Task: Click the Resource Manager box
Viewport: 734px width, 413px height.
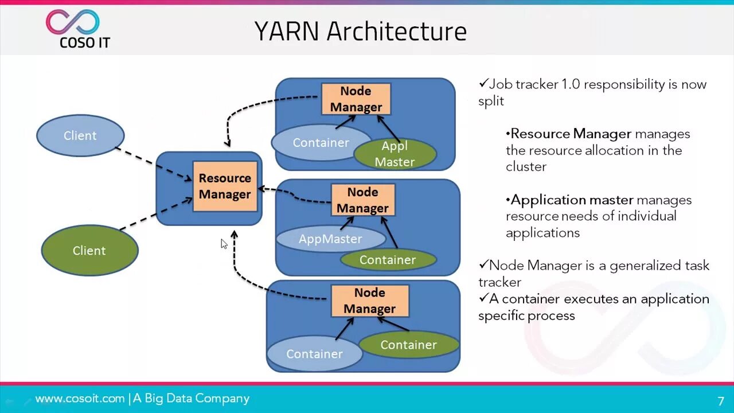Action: (225, 186)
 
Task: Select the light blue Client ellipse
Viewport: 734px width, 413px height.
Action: (80, 135)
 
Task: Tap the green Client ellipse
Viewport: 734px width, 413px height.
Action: (89, 251)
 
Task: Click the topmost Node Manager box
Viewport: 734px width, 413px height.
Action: (356, 99)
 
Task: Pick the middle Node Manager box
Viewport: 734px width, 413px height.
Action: (362, 200)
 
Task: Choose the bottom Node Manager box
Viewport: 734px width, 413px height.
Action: (369, 301)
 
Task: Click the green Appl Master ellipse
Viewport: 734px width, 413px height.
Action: (395, 154)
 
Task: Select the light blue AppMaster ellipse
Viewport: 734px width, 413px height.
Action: (330, 239)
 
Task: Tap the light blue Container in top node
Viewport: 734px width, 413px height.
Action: (320, 142)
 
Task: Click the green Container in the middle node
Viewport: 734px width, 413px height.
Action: (388, 260)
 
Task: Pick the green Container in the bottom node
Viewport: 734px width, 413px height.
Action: (408, 345)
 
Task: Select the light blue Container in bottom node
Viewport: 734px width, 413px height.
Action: (314, 354)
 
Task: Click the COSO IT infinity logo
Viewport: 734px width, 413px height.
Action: (73, 22)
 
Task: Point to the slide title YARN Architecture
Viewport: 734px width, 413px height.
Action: (360, 32)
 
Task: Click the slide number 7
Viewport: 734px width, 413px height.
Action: (721, 402)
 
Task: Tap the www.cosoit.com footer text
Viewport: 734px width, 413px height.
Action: (80, 399)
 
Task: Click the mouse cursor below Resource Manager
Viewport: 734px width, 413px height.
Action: (224, 243)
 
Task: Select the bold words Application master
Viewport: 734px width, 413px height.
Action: (572, 200)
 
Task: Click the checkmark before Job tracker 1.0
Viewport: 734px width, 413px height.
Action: (483, 84)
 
